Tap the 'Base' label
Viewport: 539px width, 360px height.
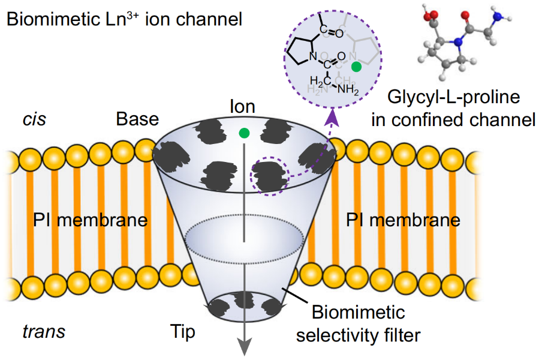click(137, 118)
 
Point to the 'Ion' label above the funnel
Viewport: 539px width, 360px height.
click(242, 107)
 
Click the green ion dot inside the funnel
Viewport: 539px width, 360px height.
click(243, 133)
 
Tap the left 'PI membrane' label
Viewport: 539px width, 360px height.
click(90, 220)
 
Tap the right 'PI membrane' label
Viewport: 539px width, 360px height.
click(404, 220)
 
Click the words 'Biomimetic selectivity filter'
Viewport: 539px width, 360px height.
click(358, 323)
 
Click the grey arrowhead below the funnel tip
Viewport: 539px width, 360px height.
click(243, 347)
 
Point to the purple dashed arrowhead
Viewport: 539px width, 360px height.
click(332, 122)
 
